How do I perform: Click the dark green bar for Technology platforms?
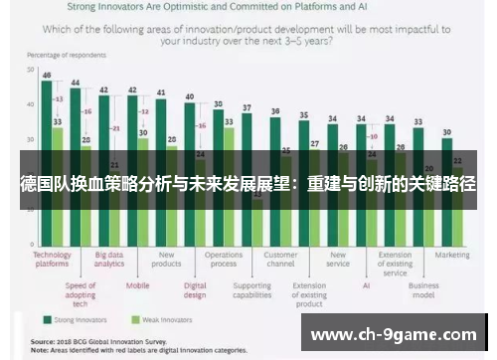pos(46,159)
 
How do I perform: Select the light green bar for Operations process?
pos(230,184)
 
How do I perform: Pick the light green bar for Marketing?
pos(457,204)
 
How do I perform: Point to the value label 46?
pos(46,75)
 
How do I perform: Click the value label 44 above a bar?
pos(75,82)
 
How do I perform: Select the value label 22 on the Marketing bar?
pos(457,160)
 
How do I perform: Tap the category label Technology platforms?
pos(52,259)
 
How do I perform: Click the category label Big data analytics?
pos(109,259)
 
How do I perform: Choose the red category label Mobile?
pos(138,285)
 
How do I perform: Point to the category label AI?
pos(367,285)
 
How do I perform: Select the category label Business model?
pos(423,289)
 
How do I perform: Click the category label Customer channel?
pos(281,259)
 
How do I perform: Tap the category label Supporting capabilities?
pos(252,289)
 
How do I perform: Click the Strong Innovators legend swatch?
pos(47,320)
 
